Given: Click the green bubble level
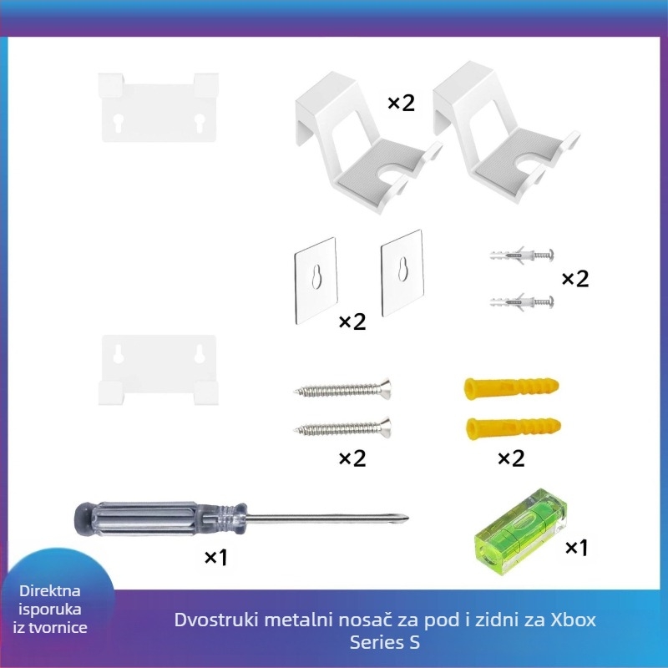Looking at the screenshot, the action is tap(520, 532).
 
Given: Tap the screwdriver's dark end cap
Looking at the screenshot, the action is tap(83, 519).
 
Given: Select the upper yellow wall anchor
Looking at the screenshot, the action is tap(511, 387).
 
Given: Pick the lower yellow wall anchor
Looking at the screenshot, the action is tap(514, 428).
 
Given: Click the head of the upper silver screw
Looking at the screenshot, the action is tap(386, 388).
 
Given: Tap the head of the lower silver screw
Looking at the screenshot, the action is tap(386, 428).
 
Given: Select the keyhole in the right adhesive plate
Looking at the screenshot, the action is tap(402, 269).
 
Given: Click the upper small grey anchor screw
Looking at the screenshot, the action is tap(521, 256).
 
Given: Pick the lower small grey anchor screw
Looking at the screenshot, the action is tap(521, 302).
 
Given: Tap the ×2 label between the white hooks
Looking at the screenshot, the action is tap(401, 103).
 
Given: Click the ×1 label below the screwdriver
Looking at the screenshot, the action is tap(216, 557).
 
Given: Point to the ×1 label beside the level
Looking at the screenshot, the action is tap(576, 548).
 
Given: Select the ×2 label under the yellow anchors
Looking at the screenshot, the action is tap(511, 458).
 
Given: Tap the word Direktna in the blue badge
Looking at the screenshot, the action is tap(50, 591).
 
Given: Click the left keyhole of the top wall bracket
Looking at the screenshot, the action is tap(119, 123).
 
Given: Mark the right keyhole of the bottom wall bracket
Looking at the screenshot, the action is tap(200, 353).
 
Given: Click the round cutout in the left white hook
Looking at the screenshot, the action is tap(391, 170).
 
